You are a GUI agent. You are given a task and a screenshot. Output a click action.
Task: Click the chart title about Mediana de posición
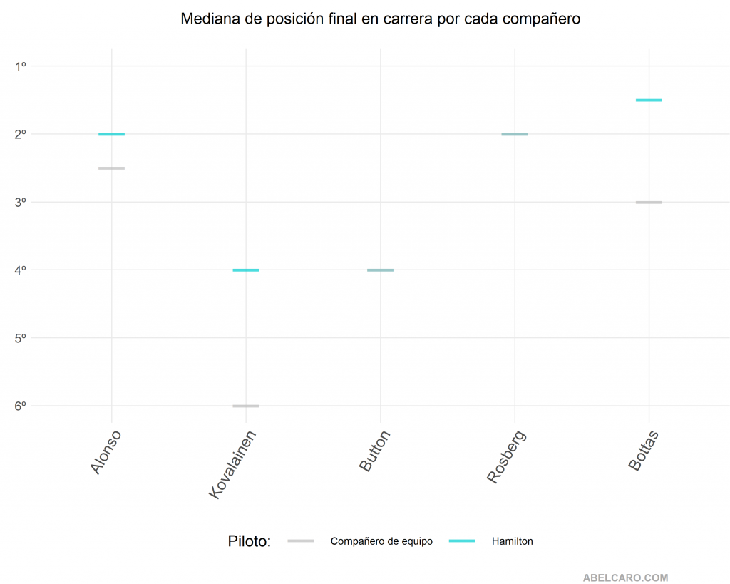[380, 19]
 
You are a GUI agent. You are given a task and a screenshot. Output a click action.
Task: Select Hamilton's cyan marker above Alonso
[111, 134]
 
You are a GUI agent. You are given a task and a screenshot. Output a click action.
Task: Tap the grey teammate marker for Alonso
[111, 168]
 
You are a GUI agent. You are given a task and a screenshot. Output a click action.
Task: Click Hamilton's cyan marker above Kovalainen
[246, 270]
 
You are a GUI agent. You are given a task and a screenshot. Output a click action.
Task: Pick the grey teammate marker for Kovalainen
[246, 406]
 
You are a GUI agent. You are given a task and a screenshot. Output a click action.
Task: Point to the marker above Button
[380, 270]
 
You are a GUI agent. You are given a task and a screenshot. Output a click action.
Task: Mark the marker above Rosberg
[515, 134]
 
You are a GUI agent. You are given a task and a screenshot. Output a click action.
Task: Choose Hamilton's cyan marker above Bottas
[649, 101]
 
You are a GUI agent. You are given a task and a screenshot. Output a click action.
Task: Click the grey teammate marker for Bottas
[649, 203]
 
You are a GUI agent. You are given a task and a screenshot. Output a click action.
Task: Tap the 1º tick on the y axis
[21, 66]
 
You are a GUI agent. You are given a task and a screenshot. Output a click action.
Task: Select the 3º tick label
[21, 203]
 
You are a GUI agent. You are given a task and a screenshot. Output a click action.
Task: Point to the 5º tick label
[21, 338]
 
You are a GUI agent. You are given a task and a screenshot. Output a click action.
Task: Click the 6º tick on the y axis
[21, 406]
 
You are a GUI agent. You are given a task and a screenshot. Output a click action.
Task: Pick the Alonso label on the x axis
[106, 451]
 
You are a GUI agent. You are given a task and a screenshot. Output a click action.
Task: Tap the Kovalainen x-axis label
[232, 463]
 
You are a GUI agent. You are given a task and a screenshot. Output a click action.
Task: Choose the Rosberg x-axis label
[506, 457]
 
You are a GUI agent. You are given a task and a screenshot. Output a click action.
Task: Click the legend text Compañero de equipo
[381, 541]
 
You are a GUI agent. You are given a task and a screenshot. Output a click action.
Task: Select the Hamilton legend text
[512, 541]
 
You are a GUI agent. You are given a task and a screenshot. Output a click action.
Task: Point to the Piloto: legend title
[250, 541]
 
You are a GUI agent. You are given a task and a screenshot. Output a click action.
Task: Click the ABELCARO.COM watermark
[625, 578]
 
